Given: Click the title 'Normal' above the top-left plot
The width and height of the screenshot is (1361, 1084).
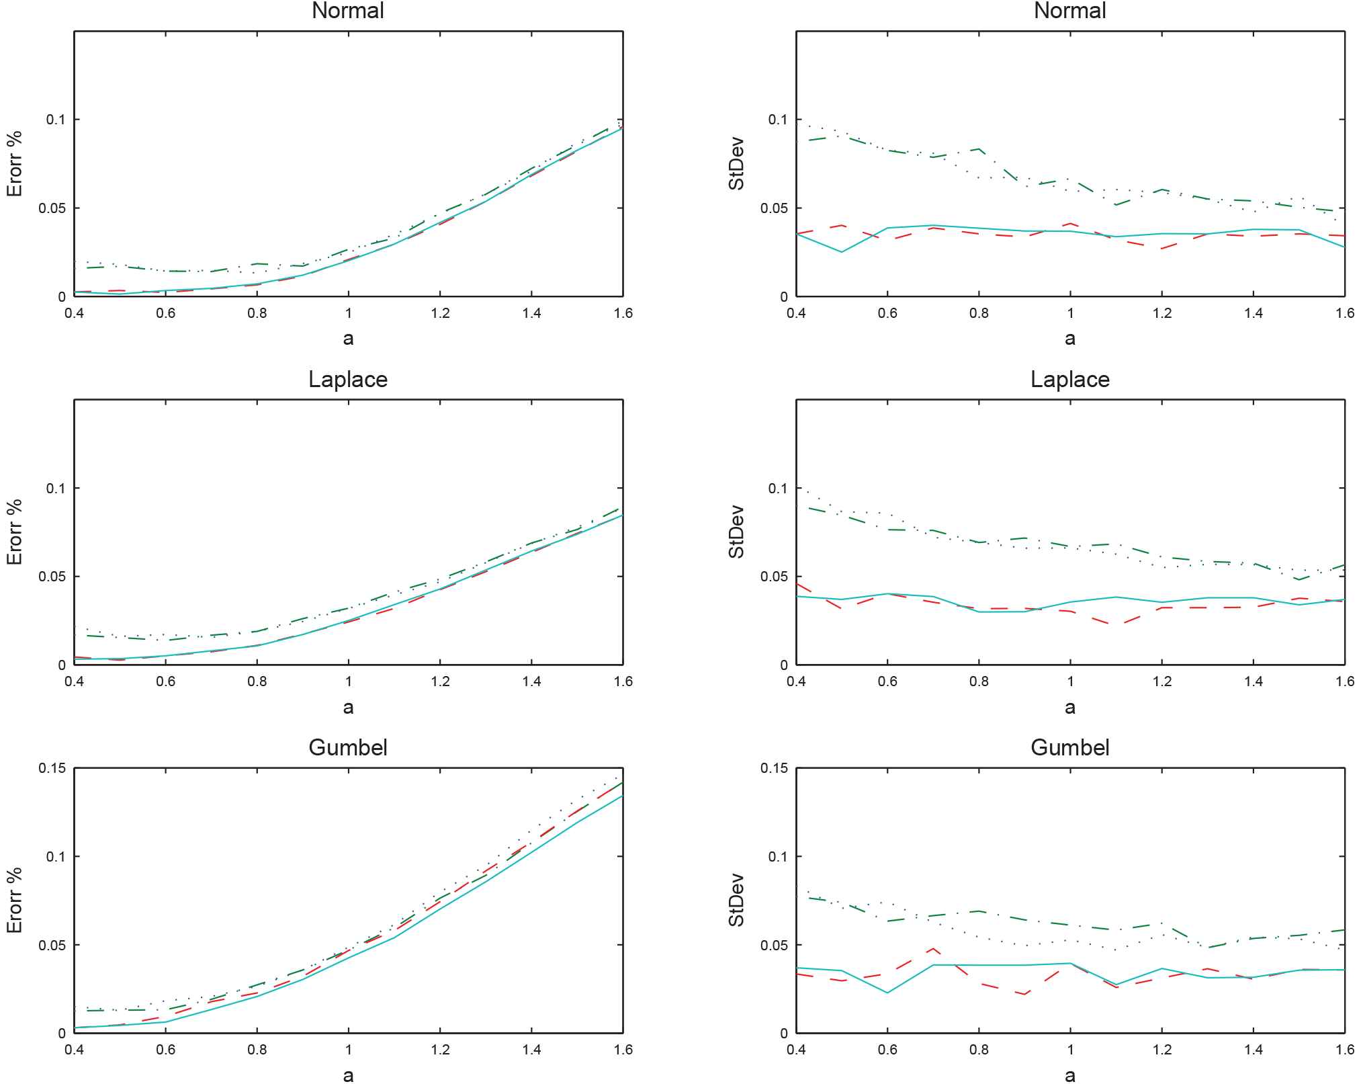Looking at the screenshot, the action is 348,11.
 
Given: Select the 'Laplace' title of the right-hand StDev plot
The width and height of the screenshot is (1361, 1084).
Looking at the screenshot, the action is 1070,380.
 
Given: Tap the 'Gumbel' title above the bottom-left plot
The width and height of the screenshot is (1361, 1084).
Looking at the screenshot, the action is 348,748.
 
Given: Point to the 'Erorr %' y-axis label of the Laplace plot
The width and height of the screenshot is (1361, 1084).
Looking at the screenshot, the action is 14,532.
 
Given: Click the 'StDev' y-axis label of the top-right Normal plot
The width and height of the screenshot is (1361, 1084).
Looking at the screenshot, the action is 736,163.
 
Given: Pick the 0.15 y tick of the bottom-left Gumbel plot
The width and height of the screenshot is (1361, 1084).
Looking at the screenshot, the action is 52,768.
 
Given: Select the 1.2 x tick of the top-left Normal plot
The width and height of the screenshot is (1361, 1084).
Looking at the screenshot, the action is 440,313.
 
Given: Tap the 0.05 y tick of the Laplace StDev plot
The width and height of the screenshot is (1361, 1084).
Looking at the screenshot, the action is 774,577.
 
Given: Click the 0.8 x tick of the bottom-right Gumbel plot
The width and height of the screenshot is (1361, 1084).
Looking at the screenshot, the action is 979,1050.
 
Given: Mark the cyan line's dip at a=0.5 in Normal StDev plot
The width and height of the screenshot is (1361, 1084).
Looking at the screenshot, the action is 842,252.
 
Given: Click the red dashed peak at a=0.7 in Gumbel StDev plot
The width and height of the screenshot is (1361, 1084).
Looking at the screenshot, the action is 933,949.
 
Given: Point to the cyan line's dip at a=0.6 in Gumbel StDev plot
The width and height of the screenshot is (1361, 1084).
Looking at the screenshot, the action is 887,993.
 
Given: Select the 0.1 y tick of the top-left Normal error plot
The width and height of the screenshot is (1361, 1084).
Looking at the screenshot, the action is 56,120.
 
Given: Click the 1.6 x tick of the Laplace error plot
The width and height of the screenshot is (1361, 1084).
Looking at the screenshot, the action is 623,681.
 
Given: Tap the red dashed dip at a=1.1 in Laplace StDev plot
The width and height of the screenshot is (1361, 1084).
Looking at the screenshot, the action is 1116,624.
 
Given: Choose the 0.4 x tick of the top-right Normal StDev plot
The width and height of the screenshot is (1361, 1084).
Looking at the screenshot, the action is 796,313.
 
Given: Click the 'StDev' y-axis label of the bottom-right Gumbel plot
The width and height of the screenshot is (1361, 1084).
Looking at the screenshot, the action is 736,900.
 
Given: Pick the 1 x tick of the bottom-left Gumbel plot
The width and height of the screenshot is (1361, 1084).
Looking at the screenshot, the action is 348,1050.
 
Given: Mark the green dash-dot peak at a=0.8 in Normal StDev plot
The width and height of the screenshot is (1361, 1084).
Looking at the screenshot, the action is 979,149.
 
